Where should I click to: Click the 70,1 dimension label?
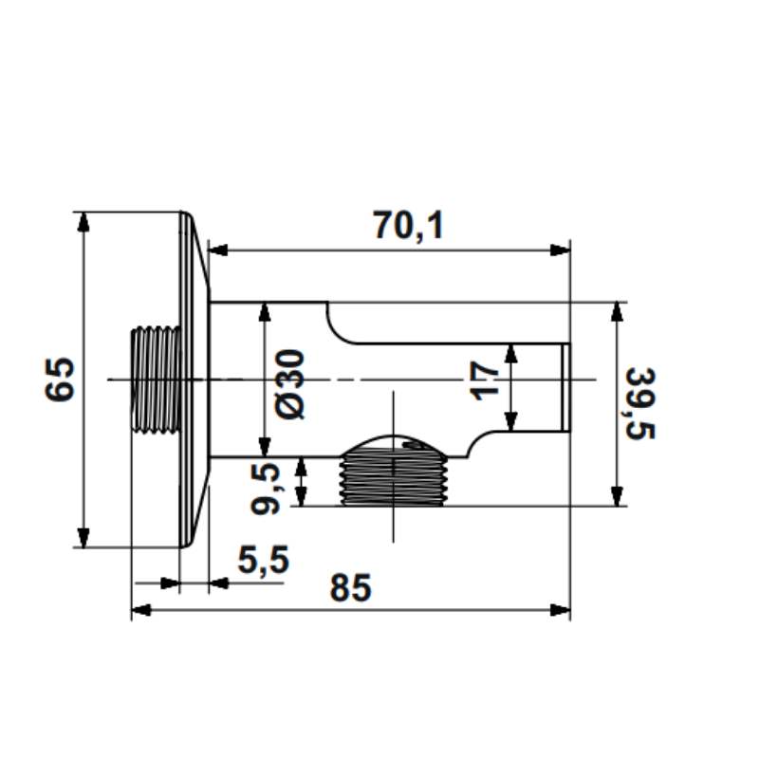[408, 226]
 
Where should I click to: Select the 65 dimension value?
[60, 380]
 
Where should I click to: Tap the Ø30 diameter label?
[289, 384]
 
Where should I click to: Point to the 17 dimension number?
[484, 380]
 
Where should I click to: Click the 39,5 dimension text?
[640, 404]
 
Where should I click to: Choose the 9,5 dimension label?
[265, 488]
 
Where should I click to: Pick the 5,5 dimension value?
[263, 560]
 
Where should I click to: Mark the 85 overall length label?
[350, 587]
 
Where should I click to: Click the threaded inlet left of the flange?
[156, 380]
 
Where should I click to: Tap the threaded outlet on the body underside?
[393, 477]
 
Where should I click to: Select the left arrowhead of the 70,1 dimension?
[218, 250]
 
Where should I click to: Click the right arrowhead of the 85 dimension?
[561, 610]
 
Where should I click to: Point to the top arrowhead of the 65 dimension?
[83, 222]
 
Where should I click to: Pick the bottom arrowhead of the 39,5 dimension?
[617, 496]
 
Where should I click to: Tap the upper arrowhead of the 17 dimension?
[510, 353]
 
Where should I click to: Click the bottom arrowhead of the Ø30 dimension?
[265, 447]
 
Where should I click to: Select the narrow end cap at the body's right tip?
[565, 387]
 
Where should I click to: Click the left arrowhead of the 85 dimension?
[141, 610]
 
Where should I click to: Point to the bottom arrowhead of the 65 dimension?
[83, 538]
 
